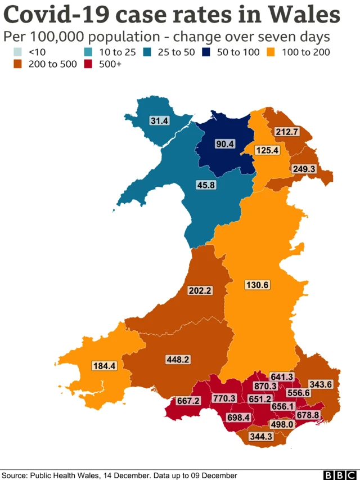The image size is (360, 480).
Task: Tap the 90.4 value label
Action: coord(225,144)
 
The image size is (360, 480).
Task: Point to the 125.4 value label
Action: coord(267,150)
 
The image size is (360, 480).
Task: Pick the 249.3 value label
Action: coord(303,168)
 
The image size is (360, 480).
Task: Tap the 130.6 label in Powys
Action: coord(258,285)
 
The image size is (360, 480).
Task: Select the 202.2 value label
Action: coord(200,290)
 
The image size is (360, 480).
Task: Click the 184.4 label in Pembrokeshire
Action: coord(104,366)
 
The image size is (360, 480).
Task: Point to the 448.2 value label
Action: coord(178,359)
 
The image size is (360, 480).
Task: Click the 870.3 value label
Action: coord(265,386)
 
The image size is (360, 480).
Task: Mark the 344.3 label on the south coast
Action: coord(261,436)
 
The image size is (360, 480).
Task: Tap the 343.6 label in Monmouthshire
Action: coord(321,384)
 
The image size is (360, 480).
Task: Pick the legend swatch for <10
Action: coord(18,52)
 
